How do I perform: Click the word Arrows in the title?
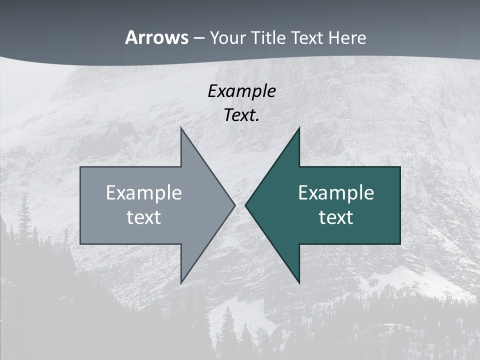(156, 37)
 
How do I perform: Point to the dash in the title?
(198, 38)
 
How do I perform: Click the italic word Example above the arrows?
(242, 91)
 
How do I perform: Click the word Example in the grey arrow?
(144, 193)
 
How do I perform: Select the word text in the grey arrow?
(144, 217)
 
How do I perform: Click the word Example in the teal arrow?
(336, 193)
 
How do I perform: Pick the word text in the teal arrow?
(336, 217)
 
